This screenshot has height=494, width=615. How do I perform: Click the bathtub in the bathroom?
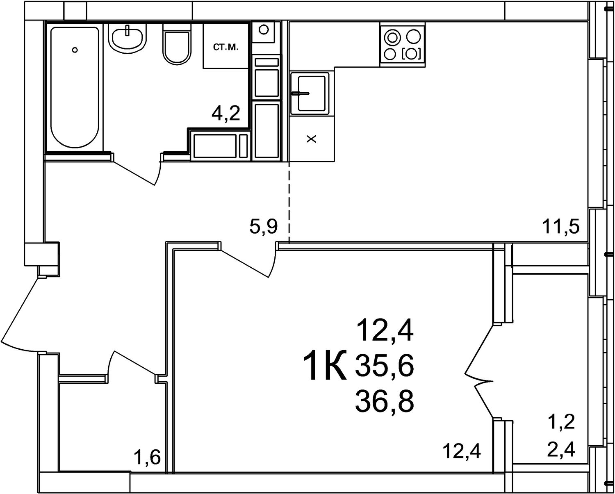75,87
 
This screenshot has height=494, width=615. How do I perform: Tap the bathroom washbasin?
128,38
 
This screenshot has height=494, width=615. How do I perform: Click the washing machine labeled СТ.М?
226,46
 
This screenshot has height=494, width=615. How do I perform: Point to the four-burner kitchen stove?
403,45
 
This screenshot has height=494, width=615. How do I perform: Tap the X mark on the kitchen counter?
312,139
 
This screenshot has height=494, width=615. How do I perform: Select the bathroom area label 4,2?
225,114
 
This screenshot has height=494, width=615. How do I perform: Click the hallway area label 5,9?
264,227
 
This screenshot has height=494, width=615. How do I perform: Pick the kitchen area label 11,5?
561,228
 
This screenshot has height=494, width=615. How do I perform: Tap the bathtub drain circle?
75,50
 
